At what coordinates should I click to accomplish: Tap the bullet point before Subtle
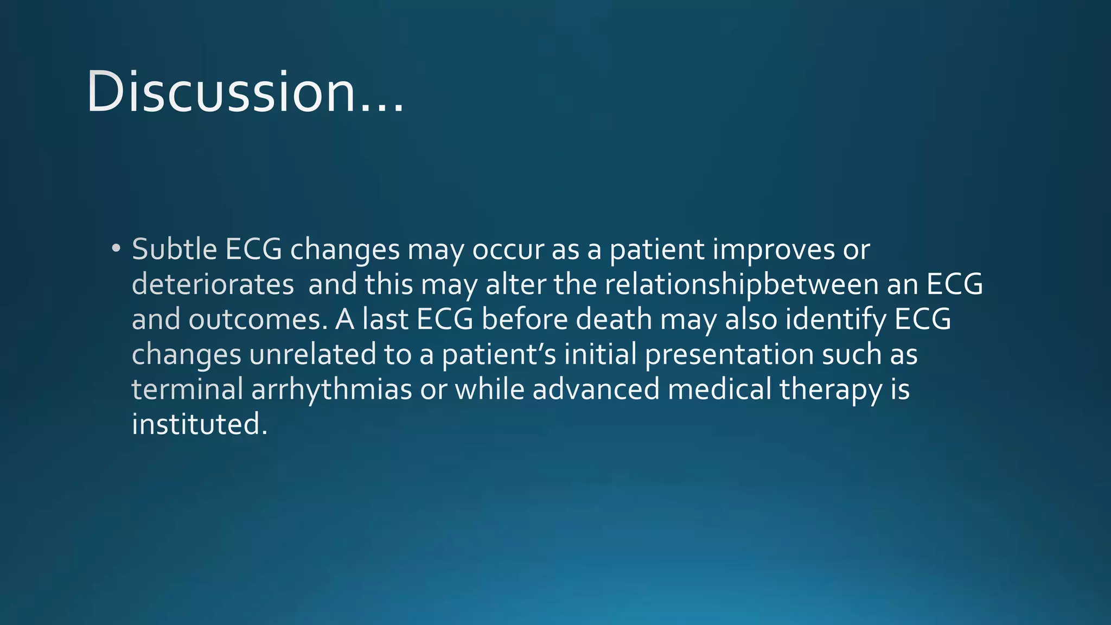[x=116, y=249]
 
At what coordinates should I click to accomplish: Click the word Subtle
[x=174, y=249]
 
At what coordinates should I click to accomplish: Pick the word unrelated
[x=312, y=354]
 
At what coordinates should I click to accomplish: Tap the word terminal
[x=187, y=389]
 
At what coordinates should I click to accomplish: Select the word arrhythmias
[x=331, y=390]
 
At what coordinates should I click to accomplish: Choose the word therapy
[x=830, y=390]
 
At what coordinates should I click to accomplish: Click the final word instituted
[x=199, y=424]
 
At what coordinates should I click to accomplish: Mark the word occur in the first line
[x=508, y=250]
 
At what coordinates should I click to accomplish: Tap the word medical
[x=719, y=389]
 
